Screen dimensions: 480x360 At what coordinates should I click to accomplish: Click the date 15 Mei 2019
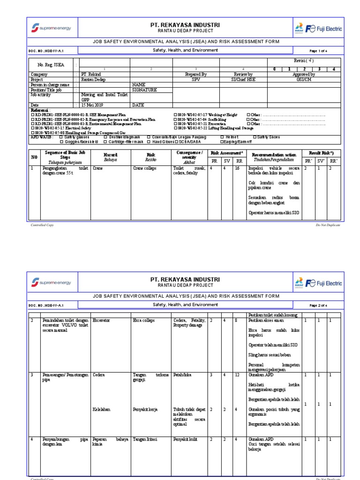(92, 105)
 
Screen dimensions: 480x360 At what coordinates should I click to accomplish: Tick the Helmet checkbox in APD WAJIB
(222, 137)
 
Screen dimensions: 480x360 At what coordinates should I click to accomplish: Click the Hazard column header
(111, 154)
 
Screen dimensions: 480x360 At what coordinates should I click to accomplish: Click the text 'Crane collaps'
(144, 167)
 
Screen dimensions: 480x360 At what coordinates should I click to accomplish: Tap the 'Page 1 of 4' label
(319, 51)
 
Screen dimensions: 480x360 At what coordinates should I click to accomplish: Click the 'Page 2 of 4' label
(319, 305)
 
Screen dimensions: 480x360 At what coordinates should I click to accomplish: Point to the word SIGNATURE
(144, 89)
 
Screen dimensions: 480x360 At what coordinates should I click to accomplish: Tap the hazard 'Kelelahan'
(101, 409)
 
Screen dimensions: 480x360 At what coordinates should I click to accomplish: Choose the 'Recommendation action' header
(274, 154)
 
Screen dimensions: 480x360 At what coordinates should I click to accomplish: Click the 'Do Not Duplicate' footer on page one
(328, 225)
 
